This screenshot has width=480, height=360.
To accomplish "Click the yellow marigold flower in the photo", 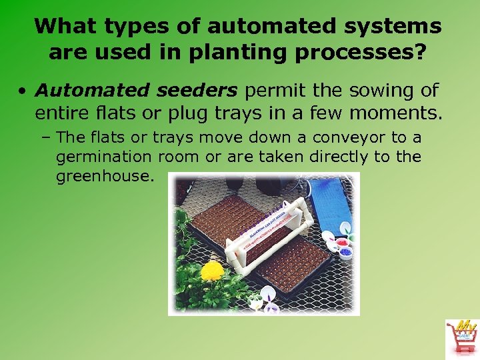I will coord(212,271).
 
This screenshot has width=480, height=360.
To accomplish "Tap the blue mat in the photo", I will coord(331,203).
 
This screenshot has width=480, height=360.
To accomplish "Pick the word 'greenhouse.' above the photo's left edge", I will coord(105,177).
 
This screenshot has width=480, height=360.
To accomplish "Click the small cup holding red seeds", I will coord(345,242).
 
